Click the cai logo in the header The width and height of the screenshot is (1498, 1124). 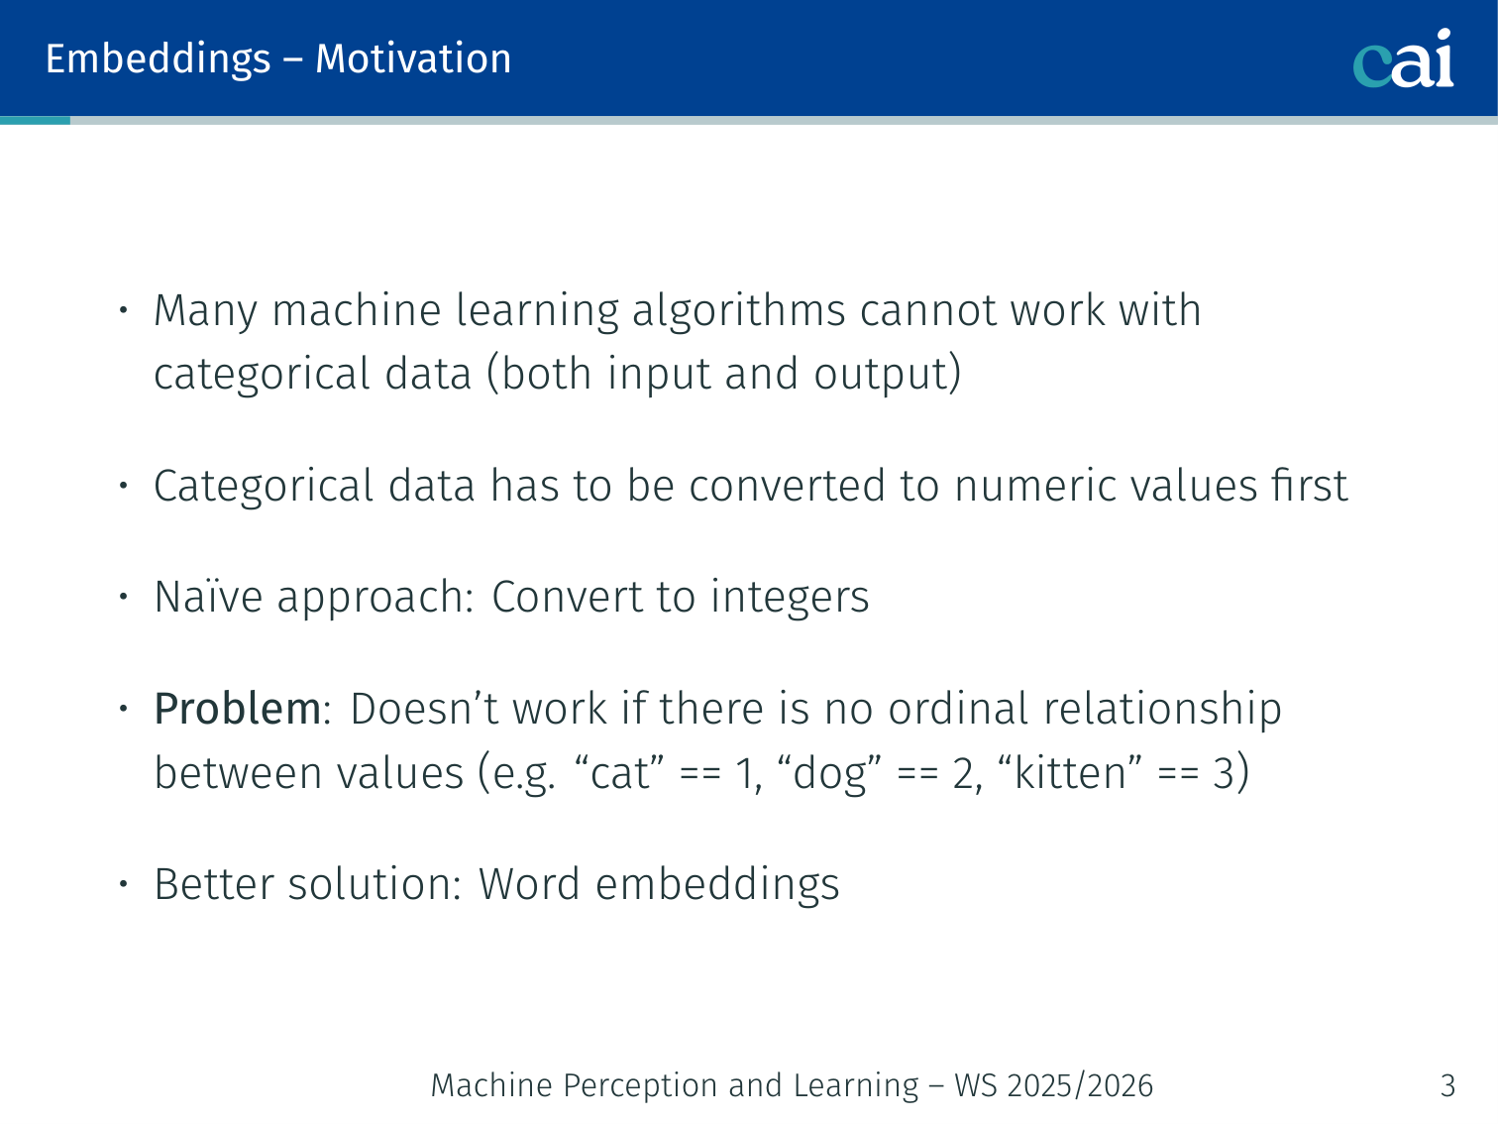[1403, 58]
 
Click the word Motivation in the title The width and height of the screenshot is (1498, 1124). [413, 58]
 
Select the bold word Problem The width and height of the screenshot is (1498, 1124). [238, 709]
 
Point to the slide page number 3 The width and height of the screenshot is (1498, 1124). [1447, 1085]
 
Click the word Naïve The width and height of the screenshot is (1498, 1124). [208, 597]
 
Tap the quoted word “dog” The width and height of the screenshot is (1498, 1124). [829, 774]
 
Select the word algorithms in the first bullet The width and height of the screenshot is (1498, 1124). [739, 312]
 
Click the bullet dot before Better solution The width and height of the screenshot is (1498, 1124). [124, 884]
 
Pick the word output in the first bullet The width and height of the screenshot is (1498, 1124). [887, 374]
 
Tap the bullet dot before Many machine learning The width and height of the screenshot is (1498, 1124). [124, 310]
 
